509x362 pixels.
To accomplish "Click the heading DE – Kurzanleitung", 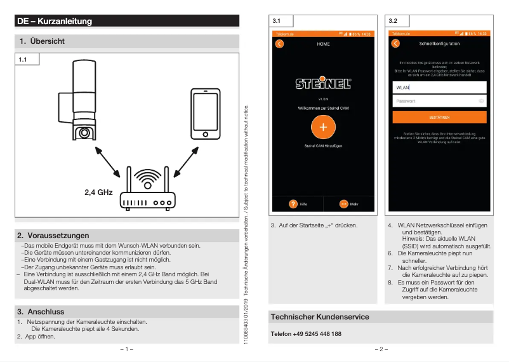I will click(55, 22).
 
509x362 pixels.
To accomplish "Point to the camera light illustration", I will click(83, 102).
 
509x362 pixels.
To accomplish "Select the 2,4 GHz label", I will click(98, 192).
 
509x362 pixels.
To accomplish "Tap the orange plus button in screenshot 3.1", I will click(323, 127).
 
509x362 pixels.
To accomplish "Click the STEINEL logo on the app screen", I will click(323, 84).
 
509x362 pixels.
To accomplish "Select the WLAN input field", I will click(439, 88).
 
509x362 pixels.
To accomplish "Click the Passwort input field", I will click(439, 101).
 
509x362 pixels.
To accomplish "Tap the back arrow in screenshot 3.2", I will click(395, 44).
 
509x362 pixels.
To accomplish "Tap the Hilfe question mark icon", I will click(293, 204).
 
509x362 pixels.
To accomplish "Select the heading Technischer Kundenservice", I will click(319, 317).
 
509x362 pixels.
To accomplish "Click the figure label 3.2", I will click(393, 21).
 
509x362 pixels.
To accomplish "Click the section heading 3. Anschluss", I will click(41, 312).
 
